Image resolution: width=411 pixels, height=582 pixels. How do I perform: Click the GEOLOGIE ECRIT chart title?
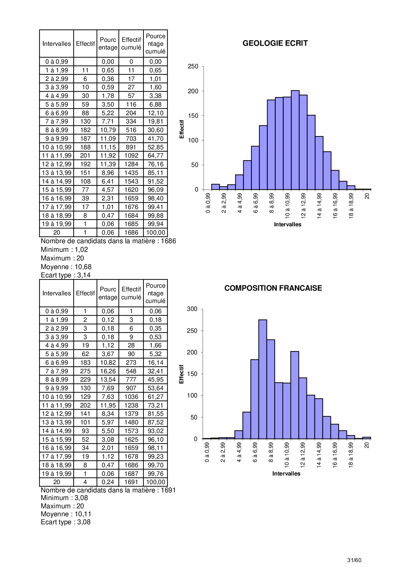[x=275, y=43]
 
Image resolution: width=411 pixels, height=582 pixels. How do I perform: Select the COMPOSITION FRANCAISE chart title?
[x=273, y=288]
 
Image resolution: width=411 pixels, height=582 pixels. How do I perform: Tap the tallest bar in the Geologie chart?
[x=295, y=139]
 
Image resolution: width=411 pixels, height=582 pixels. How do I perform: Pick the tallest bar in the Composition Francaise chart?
[x=263, y=378]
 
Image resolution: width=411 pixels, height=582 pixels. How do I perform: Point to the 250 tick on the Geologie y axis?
[x=193, y=66]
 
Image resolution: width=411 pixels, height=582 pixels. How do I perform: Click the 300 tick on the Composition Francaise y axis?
[x=192, y=309]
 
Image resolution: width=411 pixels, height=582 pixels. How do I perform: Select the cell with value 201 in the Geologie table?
[x=85, y=156]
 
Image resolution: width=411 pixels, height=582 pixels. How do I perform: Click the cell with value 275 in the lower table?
[x=85, y=371]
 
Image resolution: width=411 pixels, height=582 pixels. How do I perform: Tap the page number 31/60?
[x=354, y=560]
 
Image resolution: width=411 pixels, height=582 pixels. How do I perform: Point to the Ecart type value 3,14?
[x=84, y=275]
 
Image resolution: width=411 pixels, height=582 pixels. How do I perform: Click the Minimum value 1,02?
[x=81, y=250]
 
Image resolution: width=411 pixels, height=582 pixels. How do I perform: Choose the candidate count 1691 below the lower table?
[x=168, y=490]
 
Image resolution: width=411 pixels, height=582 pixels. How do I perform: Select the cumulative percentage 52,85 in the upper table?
[x=155, y=147]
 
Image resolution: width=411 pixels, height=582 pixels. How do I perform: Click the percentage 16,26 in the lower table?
[x=108, y=371]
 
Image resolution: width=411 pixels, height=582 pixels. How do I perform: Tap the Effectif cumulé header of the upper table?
[x=131, y=43]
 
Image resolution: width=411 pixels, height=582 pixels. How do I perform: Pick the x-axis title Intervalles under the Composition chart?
[x=286, y=473]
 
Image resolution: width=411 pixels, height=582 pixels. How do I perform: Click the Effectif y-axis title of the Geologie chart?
[x=182, y=129]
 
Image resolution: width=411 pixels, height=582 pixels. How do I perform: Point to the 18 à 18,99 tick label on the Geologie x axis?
[x=351, y=206]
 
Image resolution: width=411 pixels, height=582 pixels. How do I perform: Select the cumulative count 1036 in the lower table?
[x=131, y=397]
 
